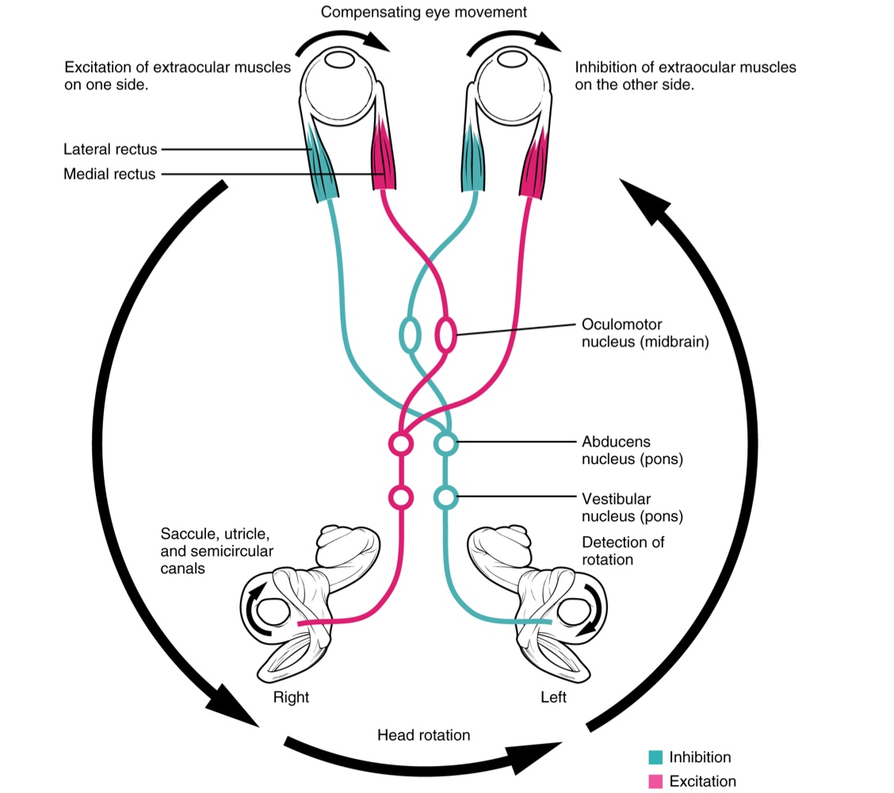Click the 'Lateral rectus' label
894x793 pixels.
click(111, 149)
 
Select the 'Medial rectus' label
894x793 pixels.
click(110, 174)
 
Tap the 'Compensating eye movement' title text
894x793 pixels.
click(424, 12)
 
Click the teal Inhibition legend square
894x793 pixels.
click(655, 757)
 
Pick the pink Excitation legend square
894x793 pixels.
click(655, 781)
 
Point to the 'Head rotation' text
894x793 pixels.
click(423, 735)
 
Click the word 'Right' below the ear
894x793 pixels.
click(291, 698)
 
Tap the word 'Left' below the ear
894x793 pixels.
click(553, 698)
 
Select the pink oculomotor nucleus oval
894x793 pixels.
click(445, 335)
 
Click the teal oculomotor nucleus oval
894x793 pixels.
click(410, 335)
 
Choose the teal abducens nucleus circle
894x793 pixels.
click(446, 443)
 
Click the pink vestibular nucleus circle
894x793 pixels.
click(401, 497)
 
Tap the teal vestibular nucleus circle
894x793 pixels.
click(446, 497)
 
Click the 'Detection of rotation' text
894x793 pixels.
click(623, 550)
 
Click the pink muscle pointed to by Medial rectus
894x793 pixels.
click(383, 158)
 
